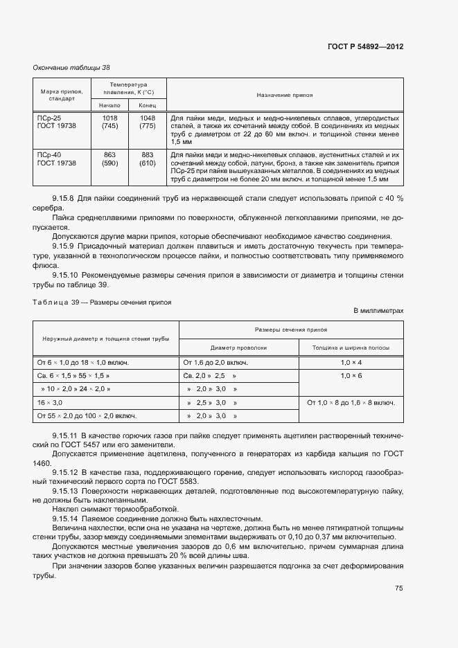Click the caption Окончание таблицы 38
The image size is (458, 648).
tap(71, 67)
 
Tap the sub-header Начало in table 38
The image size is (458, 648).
tap(109, 105)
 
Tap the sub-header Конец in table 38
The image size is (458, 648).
tap(147, 105)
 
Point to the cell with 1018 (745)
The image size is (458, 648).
tap(109, 123)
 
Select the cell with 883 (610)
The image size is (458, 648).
tap(147, 159)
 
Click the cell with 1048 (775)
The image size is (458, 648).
tap(147, 123)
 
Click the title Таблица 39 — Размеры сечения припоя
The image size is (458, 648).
tap(102, 303)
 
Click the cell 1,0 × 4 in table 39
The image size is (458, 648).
tap(351, 362)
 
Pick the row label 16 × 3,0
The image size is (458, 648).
tap(50, 402)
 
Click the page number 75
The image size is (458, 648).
tap(398, 588)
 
